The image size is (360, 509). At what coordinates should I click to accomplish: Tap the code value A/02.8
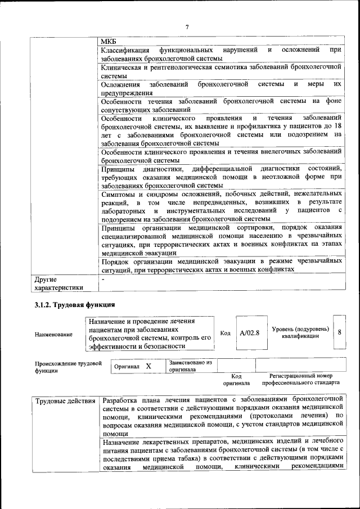(x=249, y=333)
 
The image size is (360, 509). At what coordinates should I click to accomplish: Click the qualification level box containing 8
(x=340, y=332)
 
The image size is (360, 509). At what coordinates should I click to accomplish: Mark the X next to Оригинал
(x=148, y=366)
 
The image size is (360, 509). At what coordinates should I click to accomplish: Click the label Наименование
(x=53, y=335)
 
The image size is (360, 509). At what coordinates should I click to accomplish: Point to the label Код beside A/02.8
(x=225, y=333)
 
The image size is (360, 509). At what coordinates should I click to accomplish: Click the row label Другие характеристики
(x=58, y=283)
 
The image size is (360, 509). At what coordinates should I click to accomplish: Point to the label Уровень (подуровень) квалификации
(x=300, y=332)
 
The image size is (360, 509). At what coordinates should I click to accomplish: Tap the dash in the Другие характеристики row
(x=103, y=279)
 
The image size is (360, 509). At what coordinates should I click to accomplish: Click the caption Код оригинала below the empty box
(x=236, y=379)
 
